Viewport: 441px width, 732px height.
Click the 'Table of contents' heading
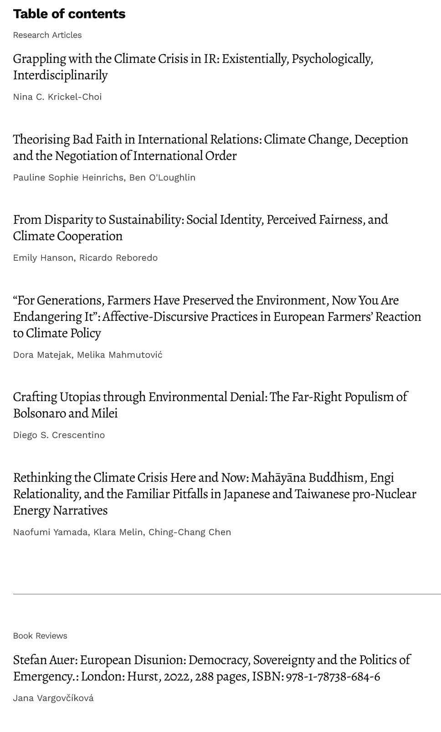[x=69, y=14]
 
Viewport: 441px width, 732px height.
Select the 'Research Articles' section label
[x=47, y=35]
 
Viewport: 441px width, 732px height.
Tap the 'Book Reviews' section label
[x=40, y=636]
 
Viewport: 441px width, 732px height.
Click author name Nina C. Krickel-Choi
[x=57, y=97]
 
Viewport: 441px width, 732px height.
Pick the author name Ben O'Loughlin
[x=162, y=177]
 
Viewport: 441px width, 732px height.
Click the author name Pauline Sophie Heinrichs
[x=68, y=177]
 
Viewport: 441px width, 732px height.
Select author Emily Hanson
[x=43, y=258]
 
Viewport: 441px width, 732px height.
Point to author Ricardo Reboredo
[x=118, y=258]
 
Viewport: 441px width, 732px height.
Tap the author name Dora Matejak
[x=42, y=355]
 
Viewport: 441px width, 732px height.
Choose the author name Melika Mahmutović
[x=119, y=355]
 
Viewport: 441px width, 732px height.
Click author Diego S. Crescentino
[x=59, y=435]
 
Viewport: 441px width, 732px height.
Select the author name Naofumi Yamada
[x=50, y=532]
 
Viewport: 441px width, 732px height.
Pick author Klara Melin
[x=118, y=532]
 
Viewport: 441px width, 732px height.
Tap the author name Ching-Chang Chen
[x=190, y=532]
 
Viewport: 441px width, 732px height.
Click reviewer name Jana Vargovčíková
[x=53, y=698]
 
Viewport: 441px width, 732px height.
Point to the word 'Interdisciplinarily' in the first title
[x=60, y=75]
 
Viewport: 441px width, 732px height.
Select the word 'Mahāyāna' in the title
[x=278, y=477]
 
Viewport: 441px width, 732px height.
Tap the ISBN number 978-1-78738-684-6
[x=333, y=676]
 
